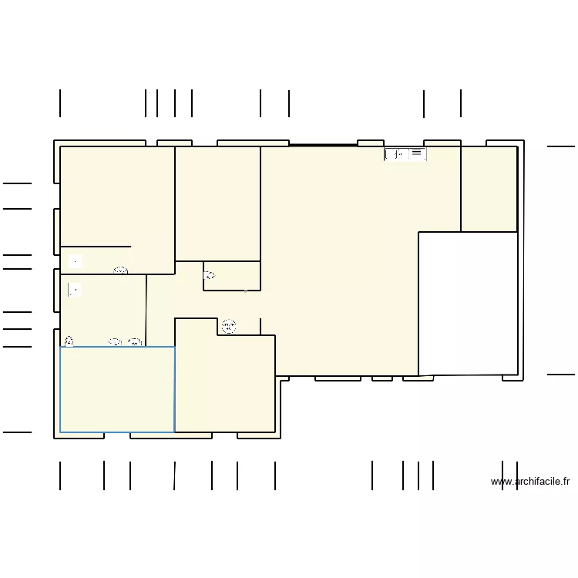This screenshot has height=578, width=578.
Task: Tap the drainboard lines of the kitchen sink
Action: pos(417,153)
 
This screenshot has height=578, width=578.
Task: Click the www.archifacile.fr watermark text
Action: pos(530,482)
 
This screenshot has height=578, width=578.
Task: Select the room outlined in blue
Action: pos(117,390)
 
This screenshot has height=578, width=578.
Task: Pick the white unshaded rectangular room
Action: pos(468,303)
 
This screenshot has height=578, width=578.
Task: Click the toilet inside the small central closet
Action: pos(209,274)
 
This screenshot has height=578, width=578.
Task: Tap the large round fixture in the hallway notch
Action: pos(229,326)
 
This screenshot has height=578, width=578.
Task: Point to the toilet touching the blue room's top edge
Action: pos(69,341)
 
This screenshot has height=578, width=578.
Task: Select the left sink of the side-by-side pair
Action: pos(115,341)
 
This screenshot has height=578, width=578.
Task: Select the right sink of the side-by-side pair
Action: pos(135,341)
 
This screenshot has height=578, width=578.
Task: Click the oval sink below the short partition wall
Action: pos(120,270)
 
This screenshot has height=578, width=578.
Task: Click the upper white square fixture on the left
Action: pos(75,261)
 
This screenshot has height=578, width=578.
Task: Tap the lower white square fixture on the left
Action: pos(75,290)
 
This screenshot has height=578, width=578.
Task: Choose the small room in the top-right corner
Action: pos(489,189)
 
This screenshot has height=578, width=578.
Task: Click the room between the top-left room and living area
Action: pos(217,203)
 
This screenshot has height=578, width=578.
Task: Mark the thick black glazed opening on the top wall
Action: pos(323,144)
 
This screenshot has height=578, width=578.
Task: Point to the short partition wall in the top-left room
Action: pos(96,247)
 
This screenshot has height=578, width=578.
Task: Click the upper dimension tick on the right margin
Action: pos(560,146)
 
